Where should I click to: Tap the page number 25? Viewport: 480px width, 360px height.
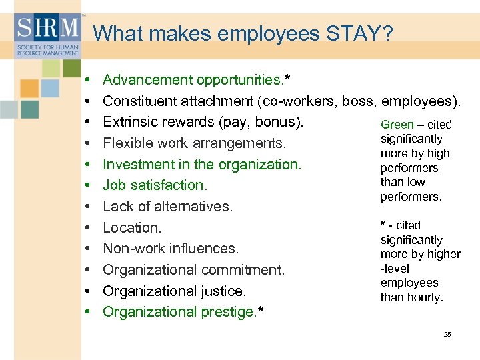[447, 334]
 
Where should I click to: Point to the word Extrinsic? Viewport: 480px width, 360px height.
[131, 122]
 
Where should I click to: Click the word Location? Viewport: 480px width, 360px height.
[132, 228]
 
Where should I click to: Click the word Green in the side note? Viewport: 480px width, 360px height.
[397, 125]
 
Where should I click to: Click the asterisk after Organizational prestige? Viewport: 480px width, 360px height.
[260, 309]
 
